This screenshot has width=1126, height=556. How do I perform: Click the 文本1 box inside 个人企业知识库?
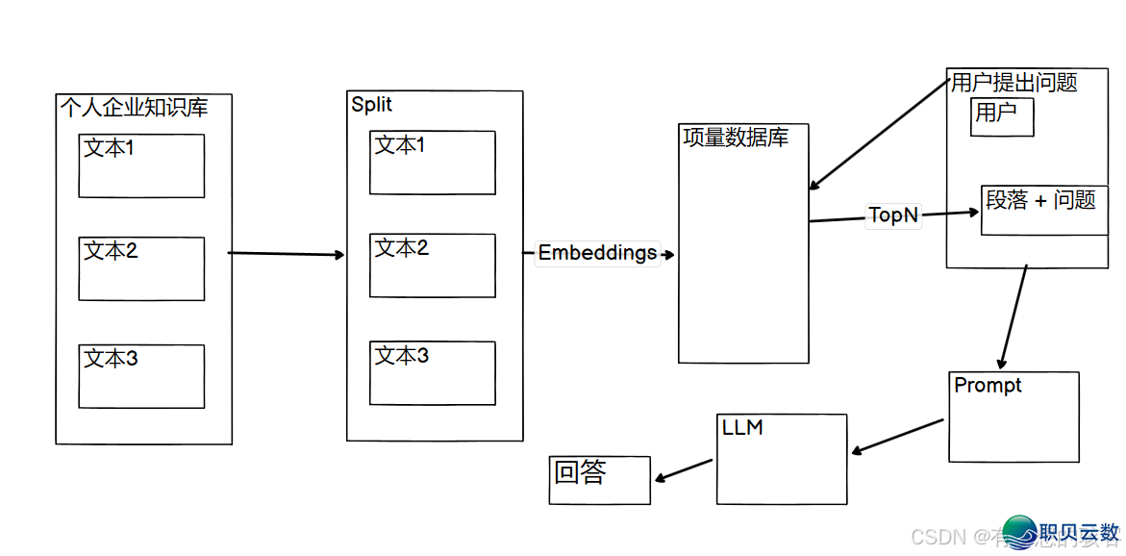click(141, 165)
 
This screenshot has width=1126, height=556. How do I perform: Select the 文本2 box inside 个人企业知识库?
click(141, 268)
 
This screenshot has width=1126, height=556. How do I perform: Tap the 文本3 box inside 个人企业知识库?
click(141, 376)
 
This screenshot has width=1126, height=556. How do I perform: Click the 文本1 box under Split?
click(433, 163)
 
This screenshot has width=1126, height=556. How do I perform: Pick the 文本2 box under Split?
click(433, 265)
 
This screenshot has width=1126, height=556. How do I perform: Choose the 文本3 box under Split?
click(433, 373)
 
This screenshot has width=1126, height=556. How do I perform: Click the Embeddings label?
click(597, 253)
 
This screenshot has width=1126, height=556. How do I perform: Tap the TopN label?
click(893, 215)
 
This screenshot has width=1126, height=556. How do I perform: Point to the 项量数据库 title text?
click(736, 138)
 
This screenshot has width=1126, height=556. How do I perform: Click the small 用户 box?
click(1002, 116)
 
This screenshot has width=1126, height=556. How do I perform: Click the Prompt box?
click(1013, 417)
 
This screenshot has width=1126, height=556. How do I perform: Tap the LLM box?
click(782, 459)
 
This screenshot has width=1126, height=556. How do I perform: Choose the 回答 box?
click(600, 480)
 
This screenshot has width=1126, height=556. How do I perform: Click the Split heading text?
click(372, 104)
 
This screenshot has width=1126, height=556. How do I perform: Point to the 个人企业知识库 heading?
click(134, 107)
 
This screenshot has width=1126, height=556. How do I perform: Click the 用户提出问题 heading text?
click(1013, 83)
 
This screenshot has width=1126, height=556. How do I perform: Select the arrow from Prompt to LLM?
click(898, 436)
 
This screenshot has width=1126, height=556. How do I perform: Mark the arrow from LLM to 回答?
click(684, 469)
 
